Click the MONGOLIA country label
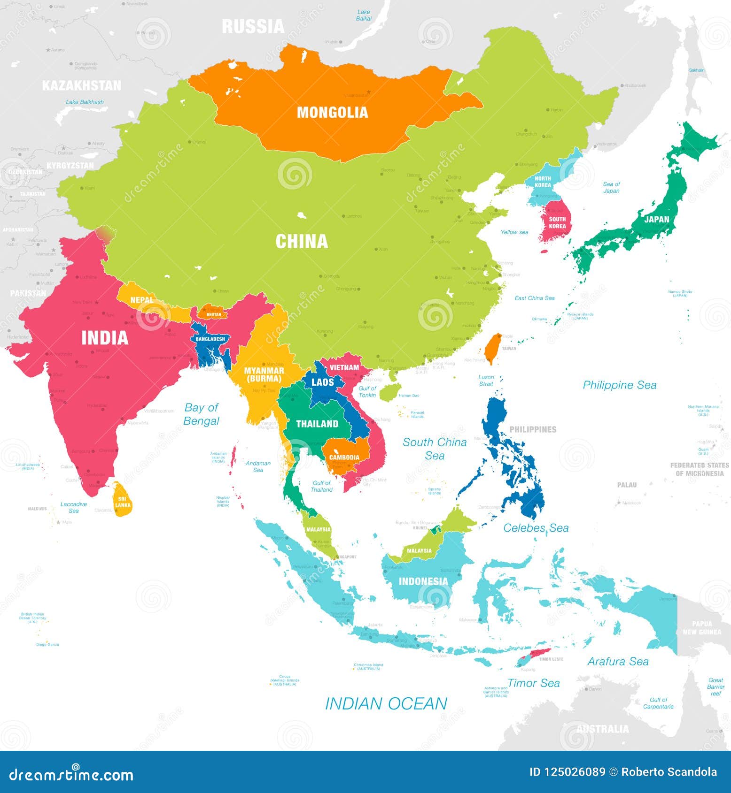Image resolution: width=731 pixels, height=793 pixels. point(332,113)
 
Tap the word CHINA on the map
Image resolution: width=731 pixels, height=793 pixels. point(302,242)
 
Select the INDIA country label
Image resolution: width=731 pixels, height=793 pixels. point(105,338)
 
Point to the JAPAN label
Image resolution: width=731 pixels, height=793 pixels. point(656,219)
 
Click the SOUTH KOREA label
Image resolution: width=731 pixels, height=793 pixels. point(557,223)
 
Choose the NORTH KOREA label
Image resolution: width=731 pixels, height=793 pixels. point(543,182)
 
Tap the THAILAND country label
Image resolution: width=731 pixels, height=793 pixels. point(317,424)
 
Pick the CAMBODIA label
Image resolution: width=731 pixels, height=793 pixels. point(344,457)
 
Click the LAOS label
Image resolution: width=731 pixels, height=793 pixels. point(323,382)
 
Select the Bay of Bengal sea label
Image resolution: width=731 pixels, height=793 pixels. point(201,414)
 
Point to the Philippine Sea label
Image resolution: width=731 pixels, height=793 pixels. point(619,385)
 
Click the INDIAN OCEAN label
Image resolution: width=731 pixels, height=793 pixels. point(386,704)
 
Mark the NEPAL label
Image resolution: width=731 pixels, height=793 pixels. point(141,300)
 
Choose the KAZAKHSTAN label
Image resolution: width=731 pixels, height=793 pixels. point(81,85)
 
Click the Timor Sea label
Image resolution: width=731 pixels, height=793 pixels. point(533,683)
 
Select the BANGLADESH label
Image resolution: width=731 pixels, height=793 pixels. point(210,339)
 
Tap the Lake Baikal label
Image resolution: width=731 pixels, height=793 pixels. point(364,15)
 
